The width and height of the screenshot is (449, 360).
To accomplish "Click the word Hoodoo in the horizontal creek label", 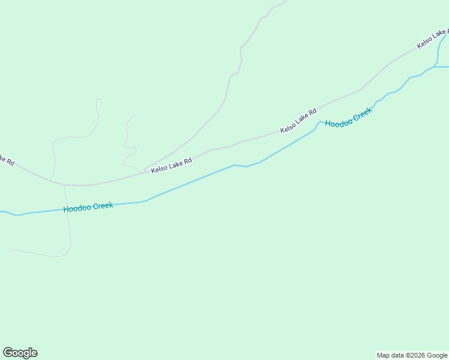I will click(77, 208).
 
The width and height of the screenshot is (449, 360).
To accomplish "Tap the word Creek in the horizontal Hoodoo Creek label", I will click(103, 205).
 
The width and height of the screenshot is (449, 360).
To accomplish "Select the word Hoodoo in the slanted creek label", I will click(338, 122).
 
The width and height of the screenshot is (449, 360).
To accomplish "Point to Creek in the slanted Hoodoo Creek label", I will click(363, 113).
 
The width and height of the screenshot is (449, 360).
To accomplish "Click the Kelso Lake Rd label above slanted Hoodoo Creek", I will click(298, 121).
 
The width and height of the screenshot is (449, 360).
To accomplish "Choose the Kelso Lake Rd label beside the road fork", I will click(171, 166).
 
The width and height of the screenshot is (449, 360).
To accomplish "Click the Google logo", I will click(20, 353).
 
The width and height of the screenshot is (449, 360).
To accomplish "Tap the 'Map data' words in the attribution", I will click(390, 355).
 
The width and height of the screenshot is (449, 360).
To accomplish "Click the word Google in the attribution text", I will click(438, 355).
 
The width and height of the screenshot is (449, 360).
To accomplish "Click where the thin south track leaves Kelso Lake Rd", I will click(64, 185).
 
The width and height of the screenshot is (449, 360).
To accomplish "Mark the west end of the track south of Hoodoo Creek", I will click(12, 249).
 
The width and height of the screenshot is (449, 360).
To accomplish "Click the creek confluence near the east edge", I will click(437, 65).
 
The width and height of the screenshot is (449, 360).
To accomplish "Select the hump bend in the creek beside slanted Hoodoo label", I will click(320, 122).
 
